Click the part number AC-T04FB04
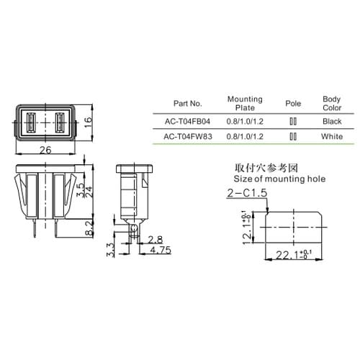tap(187, 122)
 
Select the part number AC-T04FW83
tap(188, 137)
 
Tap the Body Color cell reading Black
tap(332, 122)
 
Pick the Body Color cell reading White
tap(332, 137)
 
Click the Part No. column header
tap(188, 104)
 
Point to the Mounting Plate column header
tap(245, 104)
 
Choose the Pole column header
tap(293, 104)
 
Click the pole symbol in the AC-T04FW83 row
tap(293, 137)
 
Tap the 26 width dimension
tap(45, 150)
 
